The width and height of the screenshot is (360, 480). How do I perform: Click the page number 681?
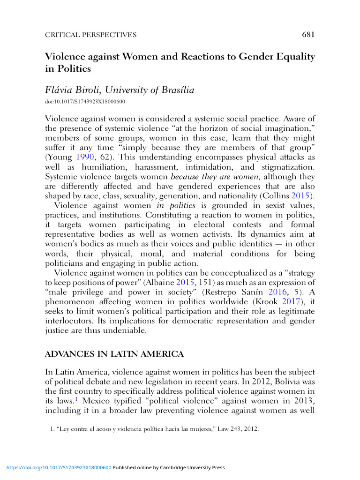point(308,34)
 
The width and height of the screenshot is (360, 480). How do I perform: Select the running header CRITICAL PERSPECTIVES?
point(90,35)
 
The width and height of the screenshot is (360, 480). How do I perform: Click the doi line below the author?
point(85,101)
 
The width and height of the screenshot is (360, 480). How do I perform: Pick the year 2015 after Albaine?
point(185,283)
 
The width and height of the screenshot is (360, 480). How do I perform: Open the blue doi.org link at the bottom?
point(58,467)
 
